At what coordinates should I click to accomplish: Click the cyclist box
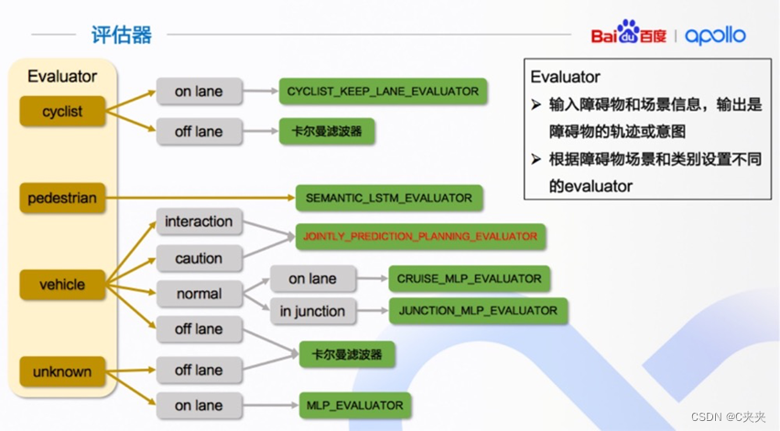[62, 112]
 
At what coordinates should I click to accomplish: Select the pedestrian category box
[62, 197]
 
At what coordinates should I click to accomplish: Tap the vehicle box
[62, 285]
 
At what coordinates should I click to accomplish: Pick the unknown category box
[62, 372]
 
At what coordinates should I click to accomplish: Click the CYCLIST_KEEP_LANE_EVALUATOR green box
[383, 92]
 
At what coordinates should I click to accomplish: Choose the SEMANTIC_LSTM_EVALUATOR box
[389, 198]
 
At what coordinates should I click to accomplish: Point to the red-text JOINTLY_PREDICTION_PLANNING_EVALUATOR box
[420, 236]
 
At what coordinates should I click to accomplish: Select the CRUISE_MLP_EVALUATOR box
[469, 278]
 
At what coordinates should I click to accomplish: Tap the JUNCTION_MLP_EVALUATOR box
[478, 310]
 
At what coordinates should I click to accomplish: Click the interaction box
[199, 221]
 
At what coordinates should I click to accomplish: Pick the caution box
[199, 258]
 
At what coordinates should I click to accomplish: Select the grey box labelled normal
[199, 294]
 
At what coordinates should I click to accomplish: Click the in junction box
[312, 311]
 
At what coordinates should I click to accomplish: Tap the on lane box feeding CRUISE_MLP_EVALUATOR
[312, 278]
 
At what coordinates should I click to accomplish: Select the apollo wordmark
[715, 36]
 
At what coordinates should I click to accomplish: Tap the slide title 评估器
[122, 36]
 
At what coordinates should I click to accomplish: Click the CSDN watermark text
[729, 417]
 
